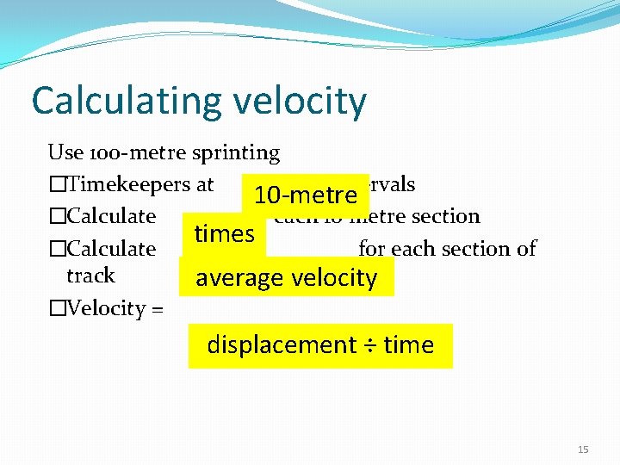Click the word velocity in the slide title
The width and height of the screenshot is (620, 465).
(x=298, y=102)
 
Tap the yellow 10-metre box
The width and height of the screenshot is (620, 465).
(x=305, y=195)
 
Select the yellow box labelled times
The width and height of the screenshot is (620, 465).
(x=224, y=233)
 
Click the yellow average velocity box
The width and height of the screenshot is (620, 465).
(x=286, y=277)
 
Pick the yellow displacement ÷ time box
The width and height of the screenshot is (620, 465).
(x=320, y=345)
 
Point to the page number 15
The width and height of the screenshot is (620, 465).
(x=583, y=449)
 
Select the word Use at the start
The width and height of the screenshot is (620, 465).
(x=65, y=153)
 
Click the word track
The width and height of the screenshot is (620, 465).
(x=90, y=276)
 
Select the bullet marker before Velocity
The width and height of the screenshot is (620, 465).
(x=57, y=309)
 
